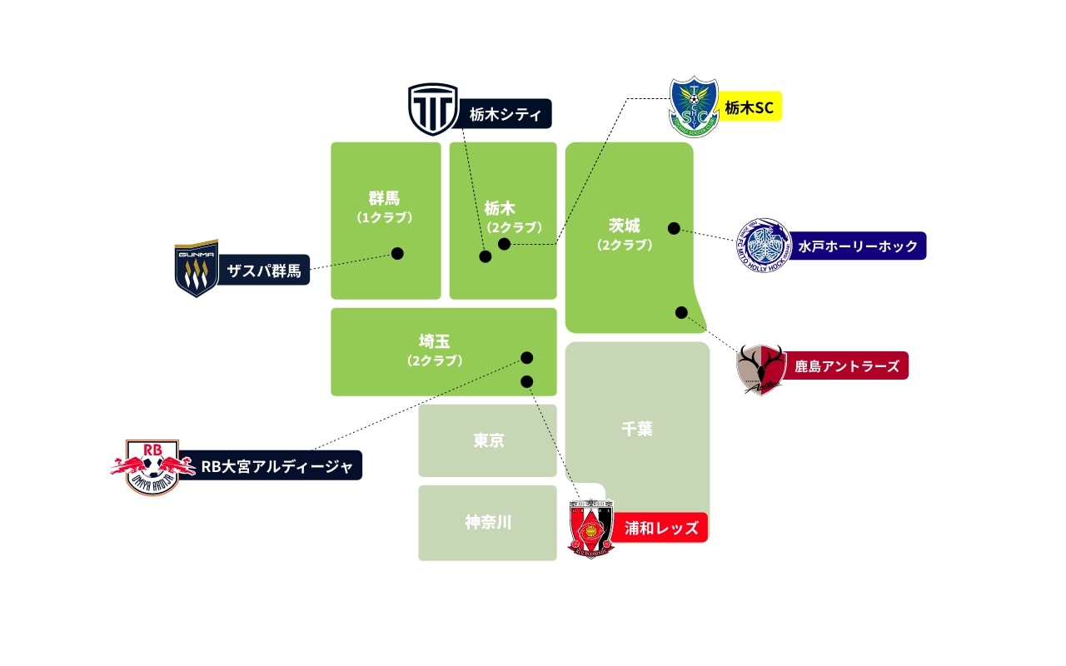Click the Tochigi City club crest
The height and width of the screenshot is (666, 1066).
pyautogui.click(x=433, y=109)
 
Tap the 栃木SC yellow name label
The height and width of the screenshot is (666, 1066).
pyautogui.click(x=749, y=107)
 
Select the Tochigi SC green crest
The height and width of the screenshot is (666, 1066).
pyautogui.click(x=694, y=107)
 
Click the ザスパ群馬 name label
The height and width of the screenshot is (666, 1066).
pyautogui.click(x=264, y=270)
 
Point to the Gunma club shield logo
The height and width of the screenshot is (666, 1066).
pyautogui.click(x=197, y=269)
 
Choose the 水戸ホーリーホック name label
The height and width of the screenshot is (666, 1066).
pyautogui.click(x=857, y=246)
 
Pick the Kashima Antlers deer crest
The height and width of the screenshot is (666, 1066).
pyautogui.click(x=761, y=368)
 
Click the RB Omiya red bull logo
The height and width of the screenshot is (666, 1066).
pyautogui.click(x=152, y=467)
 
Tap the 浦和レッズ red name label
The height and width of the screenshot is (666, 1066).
pyautogui.click(x=660, y=528)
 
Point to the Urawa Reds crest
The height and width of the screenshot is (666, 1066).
pyautogui.click(x=590, y=527)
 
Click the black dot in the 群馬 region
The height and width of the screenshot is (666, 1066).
pyautogui.click(x=397, y=253)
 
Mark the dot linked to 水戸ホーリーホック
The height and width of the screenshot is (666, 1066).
pyautogui.click(x=674, y=228)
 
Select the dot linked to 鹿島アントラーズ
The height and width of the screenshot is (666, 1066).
pyautogui.click(x=681, y=312)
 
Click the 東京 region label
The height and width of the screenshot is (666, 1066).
pyautogui.click(x=488, y=440)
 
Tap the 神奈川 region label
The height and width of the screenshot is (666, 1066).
pyautogui.click(x=488, y=523)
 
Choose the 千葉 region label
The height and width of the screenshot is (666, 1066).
pyautogui.click(x=637, y=429)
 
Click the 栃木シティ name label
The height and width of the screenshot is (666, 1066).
pyautogui.click(x=504, y=114)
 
